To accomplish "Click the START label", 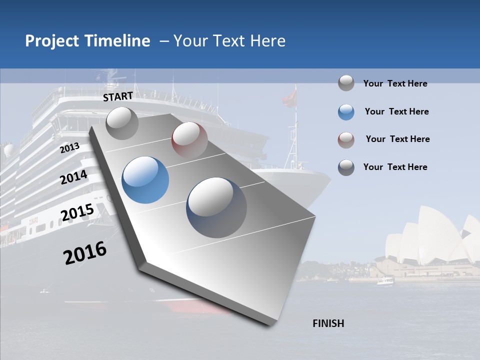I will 118,96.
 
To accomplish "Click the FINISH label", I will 328,323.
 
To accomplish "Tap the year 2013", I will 70,148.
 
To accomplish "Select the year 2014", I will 74,177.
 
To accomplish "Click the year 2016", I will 85,253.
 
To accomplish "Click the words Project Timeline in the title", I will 87,41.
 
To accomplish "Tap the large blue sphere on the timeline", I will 145,180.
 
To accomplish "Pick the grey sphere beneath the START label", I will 122,123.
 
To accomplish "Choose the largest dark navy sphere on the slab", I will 216,207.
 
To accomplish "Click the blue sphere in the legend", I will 346,112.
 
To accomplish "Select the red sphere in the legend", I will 346,140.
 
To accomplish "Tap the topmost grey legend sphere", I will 346,83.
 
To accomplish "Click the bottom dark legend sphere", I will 346,167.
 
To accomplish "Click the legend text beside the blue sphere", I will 396,111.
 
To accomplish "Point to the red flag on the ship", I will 289,97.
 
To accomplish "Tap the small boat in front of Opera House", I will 385,281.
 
